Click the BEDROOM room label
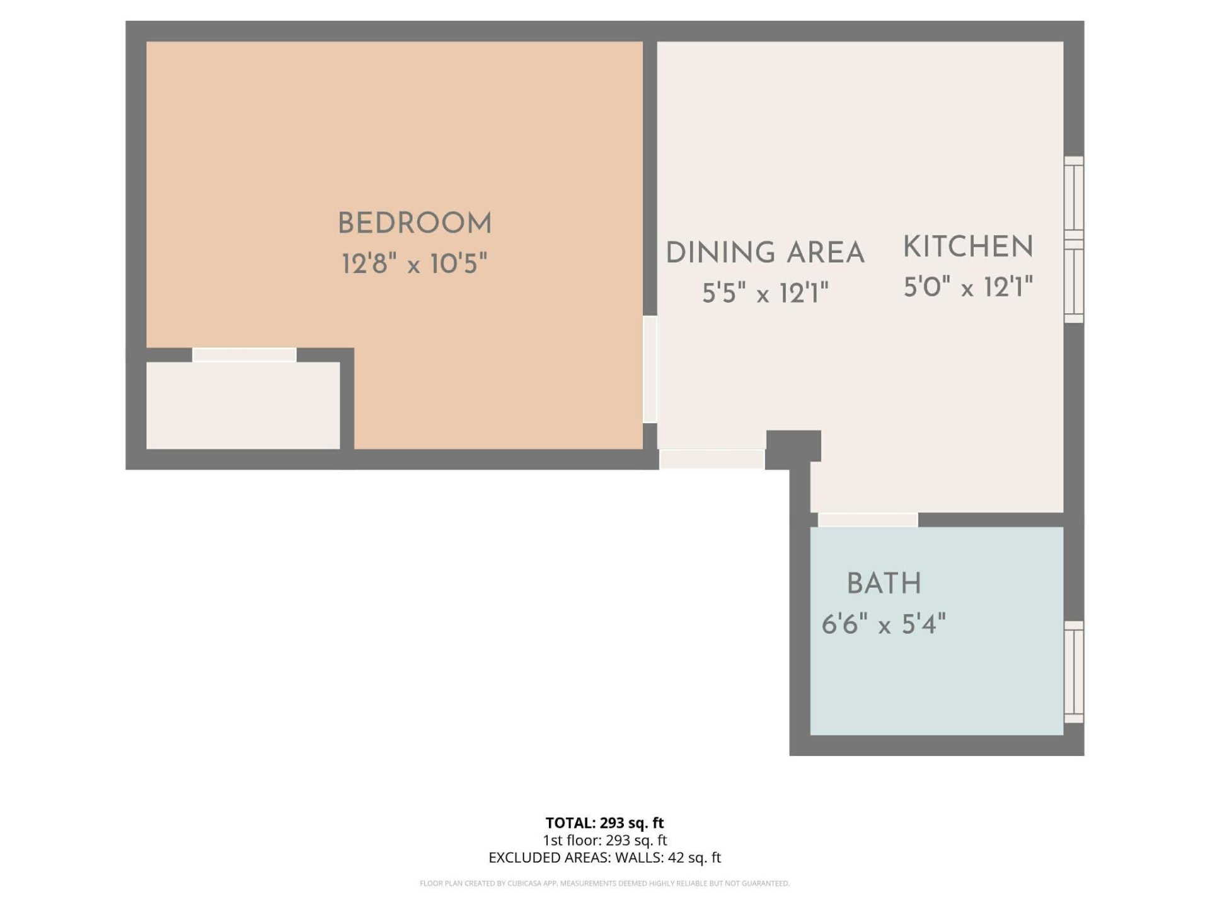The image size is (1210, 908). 415,223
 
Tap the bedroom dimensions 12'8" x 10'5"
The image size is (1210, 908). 415,264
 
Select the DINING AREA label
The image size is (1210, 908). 765,252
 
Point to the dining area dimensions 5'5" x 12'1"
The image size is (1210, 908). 765,293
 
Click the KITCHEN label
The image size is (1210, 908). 969,247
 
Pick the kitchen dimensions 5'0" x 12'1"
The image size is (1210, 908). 969,287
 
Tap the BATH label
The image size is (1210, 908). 884,583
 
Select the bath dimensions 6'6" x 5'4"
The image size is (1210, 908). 884,624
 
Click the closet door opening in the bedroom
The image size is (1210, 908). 244,354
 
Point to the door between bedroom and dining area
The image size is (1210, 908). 650,369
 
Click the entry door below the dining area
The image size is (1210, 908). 712,459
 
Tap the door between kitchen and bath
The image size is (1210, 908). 868,520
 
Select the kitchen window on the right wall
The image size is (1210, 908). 1074,240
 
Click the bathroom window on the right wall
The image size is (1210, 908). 1074,672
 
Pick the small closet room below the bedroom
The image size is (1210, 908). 243,405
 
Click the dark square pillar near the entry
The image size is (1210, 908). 793,446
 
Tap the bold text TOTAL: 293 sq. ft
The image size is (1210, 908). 604,823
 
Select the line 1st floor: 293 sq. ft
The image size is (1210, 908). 604,840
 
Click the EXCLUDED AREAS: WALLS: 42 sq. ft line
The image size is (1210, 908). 604,858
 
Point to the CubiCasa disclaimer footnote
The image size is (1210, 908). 604,883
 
